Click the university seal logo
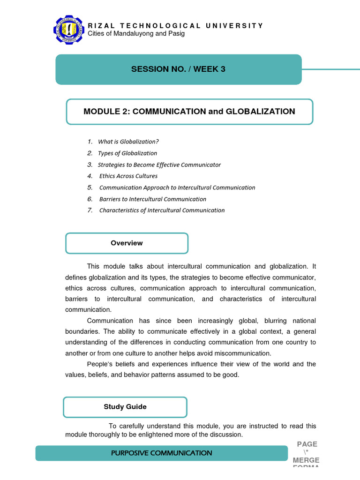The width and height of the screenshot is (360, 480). [70, 31]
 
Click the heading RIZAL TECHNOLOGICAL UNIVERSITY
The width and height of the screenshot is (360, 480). [176, 26]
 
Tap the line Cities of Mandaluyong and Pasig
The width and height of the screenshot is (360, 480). [136, 34]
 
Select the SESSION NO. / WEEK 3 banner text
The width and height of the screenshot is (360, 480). [178, 69]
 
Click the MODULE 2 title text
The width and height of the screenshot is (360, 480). [189, 112]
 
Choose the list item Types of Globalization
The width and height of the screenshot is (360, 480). [127, 153]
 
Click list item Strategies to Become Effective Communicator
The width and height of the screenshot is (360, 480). [159, 165]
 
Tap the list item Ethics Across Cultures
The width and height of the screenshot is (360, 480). [128, 176]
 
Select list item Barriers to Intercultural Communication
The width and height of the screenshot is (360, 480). [153, 199]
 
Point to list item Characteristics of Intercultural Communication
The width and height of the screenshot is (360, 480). [162, 210]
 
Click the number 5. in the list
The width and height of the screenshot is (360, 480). [90, 187]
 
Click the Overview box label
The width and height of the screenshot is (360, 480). [127, 243]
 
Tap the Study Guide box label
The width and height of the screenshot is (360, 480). [125, 407]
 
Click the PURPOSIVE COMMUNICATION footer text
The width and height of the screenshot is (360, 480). [162, 453]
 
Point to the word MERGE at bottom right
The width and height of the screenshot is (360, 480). [306, 460]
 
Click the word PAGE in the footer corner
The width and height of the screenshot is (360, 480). [307, 444]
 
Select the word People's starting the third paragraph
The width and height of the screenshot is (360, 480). [100, 364]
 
